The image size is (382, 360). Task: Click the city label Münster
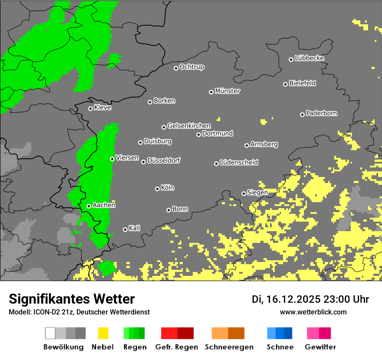pyautogui.click(x=227, y=91)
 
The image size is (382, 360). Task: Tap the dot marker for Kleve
pyautogui.click(x=90, y=108)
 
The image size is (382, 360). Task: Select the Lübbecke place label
pyautogui.click(x=309, y=58)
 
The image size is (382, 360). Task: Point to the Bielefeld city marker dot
pyautogui.click(x=286, y=84)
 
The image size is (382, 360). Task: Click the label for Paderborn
pyautogui.click(x=321, y=113)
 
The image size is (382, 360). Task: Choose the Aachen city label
pyautogui.click(x=104, y=205)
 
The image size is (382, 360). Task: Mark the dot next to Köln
pyautogui.click(x=157, y=189)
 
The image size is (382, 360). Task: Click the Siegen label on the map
pyautogui.click(x=257, y=193)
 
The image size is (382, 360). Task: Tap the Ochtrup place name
pyautogui.click(x=192, y=67)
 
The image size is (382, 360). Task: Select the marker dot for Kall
pyautogui.click(x=125, y=229)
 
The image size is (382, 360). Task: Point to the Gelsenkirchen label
pyautogui.click(x=189, y=126)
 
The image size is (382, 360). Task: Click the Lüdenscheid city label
pyautogui.click(x=239, y=163)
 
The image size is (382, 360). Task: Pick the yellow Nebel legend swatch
pyautogui.click(x=103, y=333)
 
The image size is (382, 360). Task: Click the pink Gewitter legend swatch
pyautogui.click(x=319, y=333)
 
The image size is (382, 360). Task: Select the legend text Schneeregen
pyautogui.click(x=228, y=347)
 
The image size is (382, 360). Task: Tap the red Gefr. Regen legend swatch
pyautogui.click(x=177, y=333)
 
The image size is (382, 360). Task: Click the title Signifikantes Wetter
pyautogui.click(x=72, y=299)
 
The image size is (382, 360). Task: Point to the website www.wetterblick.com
pyautogui.click(x=313, y=312)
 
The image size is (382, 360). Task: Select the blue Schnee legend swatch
pyautogui.click(x=280, y=333)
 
